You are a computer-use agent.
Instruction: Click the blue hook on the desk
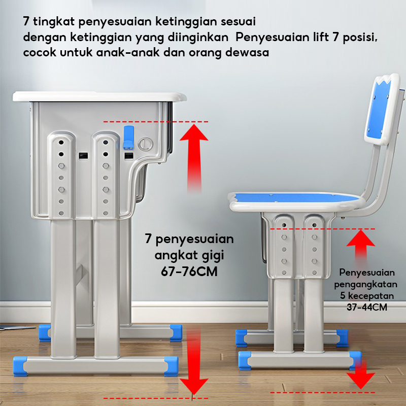[129, 138]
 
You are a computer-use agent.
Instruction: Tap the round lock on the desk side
[146, 144]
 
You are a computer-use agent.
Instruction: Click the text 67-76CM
[189, 272]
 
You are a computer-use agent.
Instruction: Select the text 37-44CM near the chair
[367, 308]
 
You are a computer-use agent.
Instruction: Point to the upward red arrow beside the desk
[194, 158]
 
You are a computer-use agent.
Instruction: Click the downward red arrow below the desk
[194, 360]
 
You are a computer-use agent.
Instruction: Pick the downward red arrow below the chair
[361, 374]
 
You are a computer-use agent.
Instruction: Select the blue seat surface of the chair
[295, 198]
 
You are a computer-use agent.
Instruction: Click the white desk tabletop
[99, 96]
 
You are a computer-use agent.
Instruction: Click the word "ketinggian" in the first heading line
[186, 22]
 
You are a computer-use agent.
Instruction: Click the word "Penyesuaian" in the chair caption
[367, 273]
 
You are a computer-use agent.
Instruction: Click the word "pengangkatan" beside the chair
[365, 285]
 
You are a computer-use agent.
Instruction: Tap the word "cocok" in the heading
[40, 52]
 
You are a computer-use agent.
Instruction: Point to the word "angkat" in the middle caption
[176, 256]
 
